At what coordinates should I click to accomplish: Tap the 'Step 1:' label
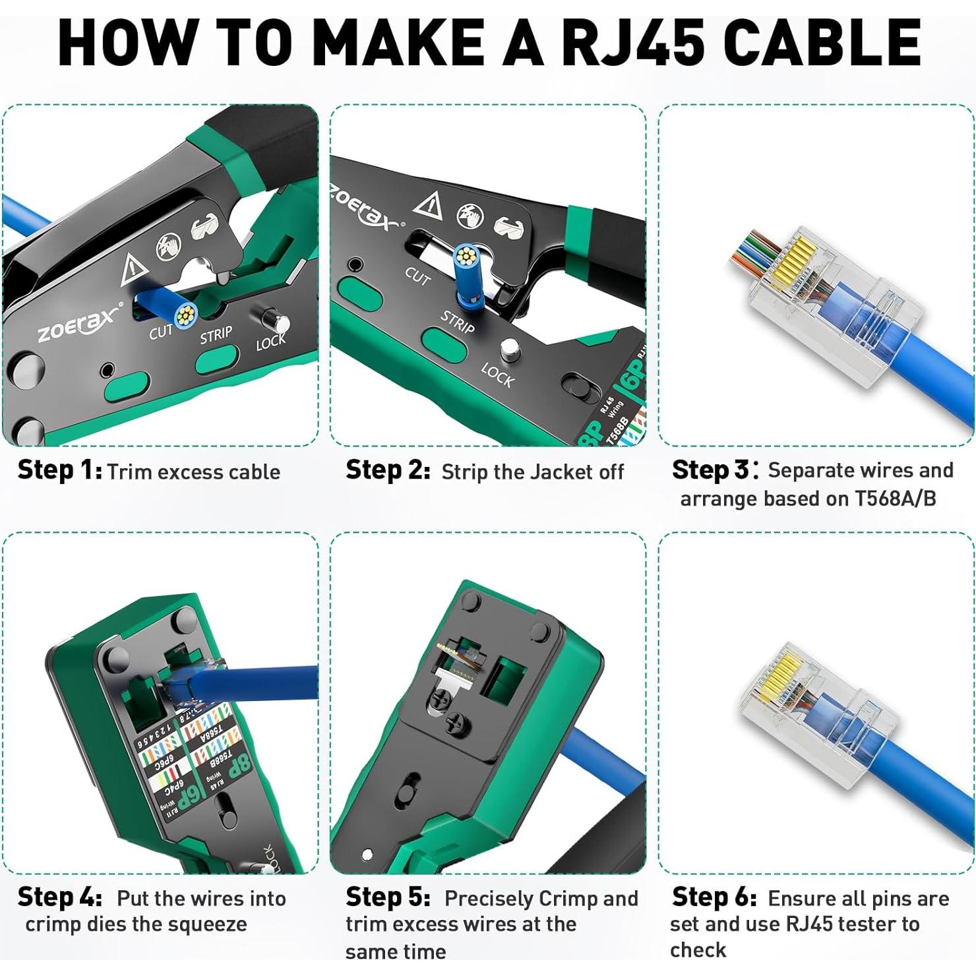tap(59, 471)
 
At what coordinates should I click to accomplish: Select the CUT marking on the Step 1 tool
tap(160, 332)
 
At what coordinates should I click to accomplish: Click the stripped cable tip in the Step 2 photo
tap(466, 253)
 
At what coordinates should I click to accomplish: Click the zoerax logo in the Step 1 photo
tap(79, 323)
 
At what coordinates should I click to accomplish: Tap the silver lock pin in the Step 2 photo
tap(508, 350)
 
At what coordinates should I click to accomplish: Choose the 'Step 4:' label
tap(59, 898)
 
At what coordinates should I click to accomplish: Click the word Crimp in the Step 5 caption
tap(567, 899)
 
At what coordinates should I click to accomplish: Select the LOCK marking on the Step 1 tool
tap(270, 342)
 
